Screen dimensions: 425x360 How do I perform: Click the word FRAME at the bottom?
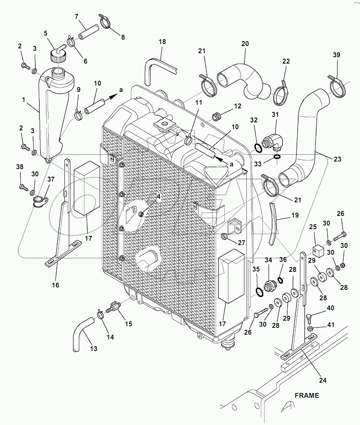[307, 395]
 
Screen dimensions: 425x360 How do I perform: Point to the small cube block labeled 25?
[318, 251]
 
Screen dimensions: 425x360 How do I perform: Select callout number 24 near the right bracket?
[322, 380]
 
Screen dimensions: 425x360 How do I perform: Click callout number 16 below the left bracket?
[55, 285]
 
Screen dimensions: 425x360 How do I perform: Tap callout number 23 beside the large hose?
[337, 159]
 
